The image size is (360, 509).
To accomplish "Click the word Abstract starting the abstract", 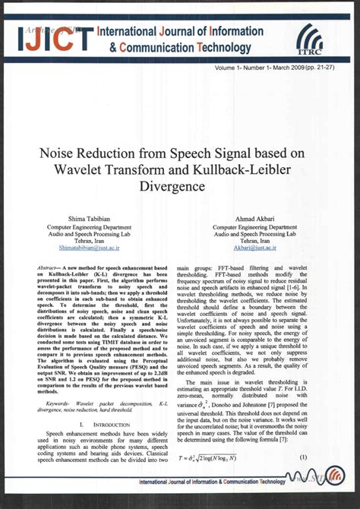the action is pos(50,269).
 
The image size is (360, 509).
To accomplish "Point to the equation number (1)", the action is pos(302,457).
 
